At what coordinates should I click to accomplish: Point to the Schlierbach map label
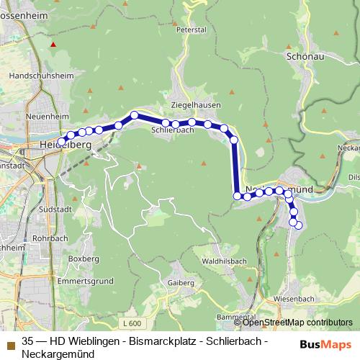tap(174, 131)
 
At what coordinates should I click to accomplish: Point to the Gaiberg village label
tap(181, 283)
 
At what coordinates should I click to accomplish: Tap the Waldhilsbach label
tap(225, 260)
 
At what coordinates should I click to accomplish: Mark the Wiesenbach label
tap(292, 297)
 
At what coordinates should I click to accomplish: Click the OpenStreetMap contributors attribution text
tap(297, 322)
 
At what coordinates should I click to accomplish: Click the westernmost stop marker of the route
tap(61, 141)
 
